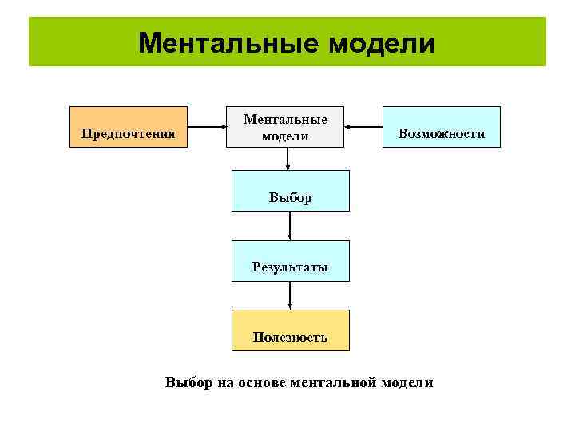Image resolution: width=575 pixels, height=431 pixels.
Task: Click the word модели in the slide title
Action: click(381, 42)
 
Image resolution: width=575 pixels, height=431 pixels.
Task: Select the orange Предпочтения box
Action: click(129, 127)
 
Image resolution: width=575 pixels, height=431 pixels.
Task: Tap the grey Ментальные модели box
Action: click(285, 127)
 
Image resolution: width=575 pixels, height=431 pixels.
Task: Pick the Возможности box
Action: click(442, 127)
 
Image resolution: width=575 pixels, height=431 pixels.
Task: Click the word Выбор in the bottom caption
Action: click(188, 382)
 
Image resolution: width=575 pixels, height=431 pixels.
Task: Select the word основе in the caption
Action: click(260, 382)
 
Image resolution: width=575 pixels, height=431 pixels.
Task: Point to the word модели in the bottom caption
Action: click(406, 382)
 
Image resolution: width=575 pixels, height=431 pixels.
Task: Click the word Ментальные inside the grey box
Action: click(285, 119)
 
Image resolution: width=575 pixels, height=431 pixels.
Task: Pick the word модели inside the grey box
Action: click(285, 136)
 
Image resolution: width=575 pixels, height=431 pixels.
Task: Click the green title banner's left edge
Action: click(32, 42)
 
